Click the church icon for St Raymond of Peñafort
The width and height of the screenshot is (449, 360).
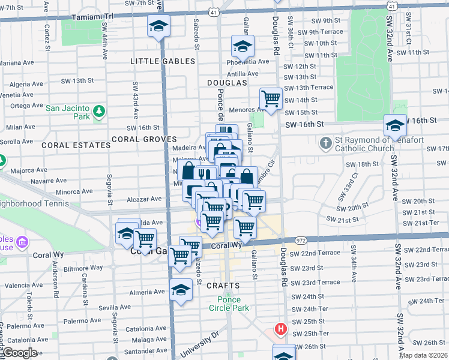pos(325,143)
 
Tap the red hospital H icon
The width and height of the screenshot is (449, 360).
pos(280,329)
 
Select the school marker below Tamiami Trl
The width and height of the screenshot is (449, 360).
pos(159,26)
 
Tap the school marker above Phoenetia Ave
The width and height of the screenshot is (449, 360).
pos(243,46)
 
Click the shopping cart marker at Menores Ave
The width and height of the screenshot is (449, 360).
pos(271,98)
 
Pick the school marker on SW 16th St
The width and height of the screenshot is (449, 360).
pos(395,125)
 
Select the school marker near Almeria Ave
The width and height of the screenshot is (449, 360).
pos(181,290)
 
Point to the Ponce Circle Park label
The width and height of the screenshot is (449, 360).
pos(225,304)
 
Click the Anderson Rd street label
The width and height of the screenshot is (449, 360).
pos(55,288)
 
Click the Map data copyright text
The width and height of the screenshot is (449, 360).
pos(423,355)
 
